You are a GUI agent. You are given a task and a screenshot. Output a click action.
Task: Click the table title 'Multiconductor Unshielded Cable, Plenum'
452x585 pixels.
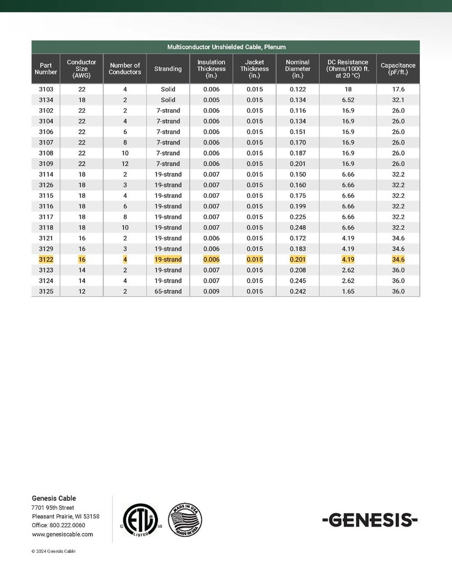click(226, 47)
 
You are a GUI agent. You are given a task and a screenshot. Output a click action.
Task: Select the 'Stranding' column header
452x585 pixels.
click(168, 69)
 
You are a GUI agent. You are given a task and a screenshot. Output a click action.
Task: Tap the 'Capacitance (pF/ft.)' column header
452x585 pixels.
click(398, 69)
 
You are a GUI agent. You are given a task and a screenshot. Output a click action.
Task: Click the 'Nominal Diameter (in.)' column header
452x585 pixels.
click(298, 68)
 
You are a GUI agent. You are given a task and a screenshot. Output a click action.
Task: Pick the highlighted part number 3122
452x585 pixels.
click(46, 260)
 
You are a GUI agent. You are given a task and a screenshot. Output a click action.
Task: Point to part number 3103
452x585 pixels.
click(46, 90)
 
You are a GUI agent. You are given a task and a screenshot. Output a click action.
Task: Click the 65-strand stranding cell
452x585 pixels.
click(168, 291)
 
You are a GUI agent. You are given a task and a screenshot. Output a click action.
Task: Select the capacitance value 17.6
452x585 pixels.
click(398, 90)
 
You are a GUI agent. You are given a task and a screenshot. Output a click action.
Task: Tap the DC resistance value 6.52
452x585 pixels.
click(347, 100)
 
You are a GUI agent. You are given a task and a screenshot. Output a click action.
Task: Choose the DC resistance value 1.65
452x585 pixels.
click(347, 291)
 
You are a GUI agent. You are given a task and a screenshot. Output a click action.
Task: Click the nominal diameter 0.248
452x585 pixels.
click(298, 228)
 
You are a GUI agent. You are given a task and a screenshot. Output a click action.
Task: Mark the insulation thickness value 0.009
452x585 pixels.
click(211, 291)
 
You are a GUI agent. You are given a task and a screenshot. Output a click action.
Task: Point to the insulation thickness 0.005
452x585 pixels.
click(211, 100)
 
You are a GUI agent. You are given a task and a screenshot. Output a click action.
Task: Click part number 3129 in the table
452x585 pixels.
click(46, 249)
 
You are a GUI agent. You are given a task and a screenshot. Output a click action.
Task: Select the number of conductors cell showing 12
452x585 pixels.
click(125, 164)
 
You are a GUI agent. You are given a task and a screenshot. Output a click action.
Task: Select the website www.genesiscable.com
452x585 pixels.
click(62, 535)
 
